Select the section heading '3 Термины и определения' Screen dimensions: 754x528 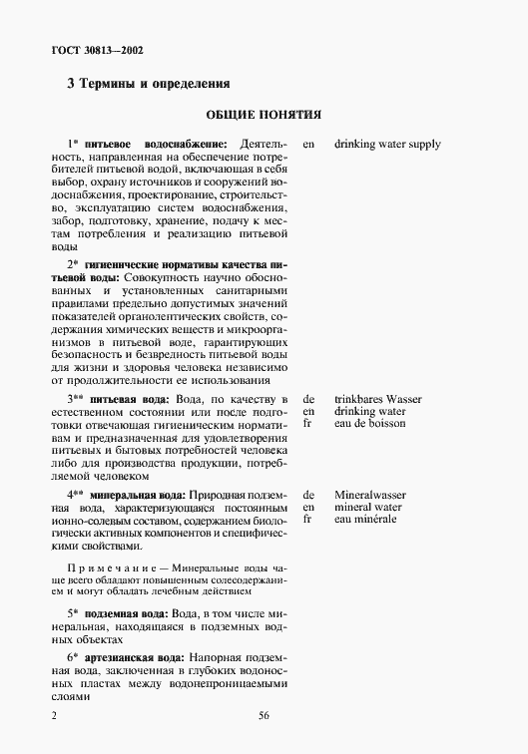[149, 84]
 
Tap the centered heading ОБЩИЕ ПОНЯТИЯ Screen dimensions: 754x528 [264, 115]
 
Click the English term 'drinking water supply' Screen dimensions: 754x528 [388, 145]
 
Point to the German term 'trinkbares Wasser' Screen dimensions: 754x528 [378, 399]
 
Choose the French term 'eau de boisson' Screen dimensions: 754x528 [370, 424]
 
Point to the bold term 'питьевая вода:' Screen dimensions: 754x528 [128, 399]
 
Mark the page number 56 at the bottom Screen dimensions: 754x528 [264, 715]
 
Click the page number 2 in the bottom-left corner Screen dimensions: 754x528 [55, 715]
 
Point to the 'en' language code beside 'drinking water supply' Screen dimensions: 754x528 [308, 145]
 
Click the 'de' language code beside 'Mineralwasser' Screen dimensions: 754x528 [308, 495]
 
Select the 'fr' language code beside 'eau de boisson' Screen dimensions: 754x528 [307, 424]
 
